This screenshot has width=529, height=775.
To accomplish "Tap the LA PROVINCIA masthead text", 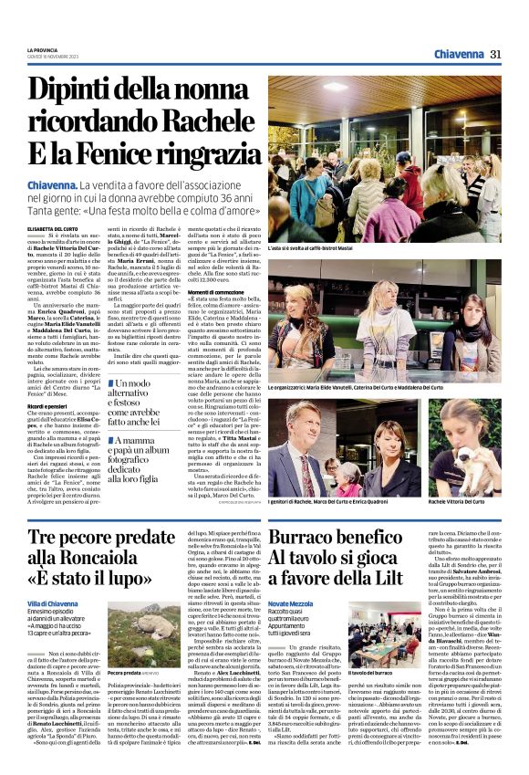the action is (43, 50).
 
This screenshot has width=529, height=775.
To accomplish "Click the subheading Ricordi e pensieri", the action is (51, 403).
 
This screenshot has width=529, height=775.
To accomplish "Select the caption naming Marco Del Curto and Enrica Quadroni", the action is (325, 502).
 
